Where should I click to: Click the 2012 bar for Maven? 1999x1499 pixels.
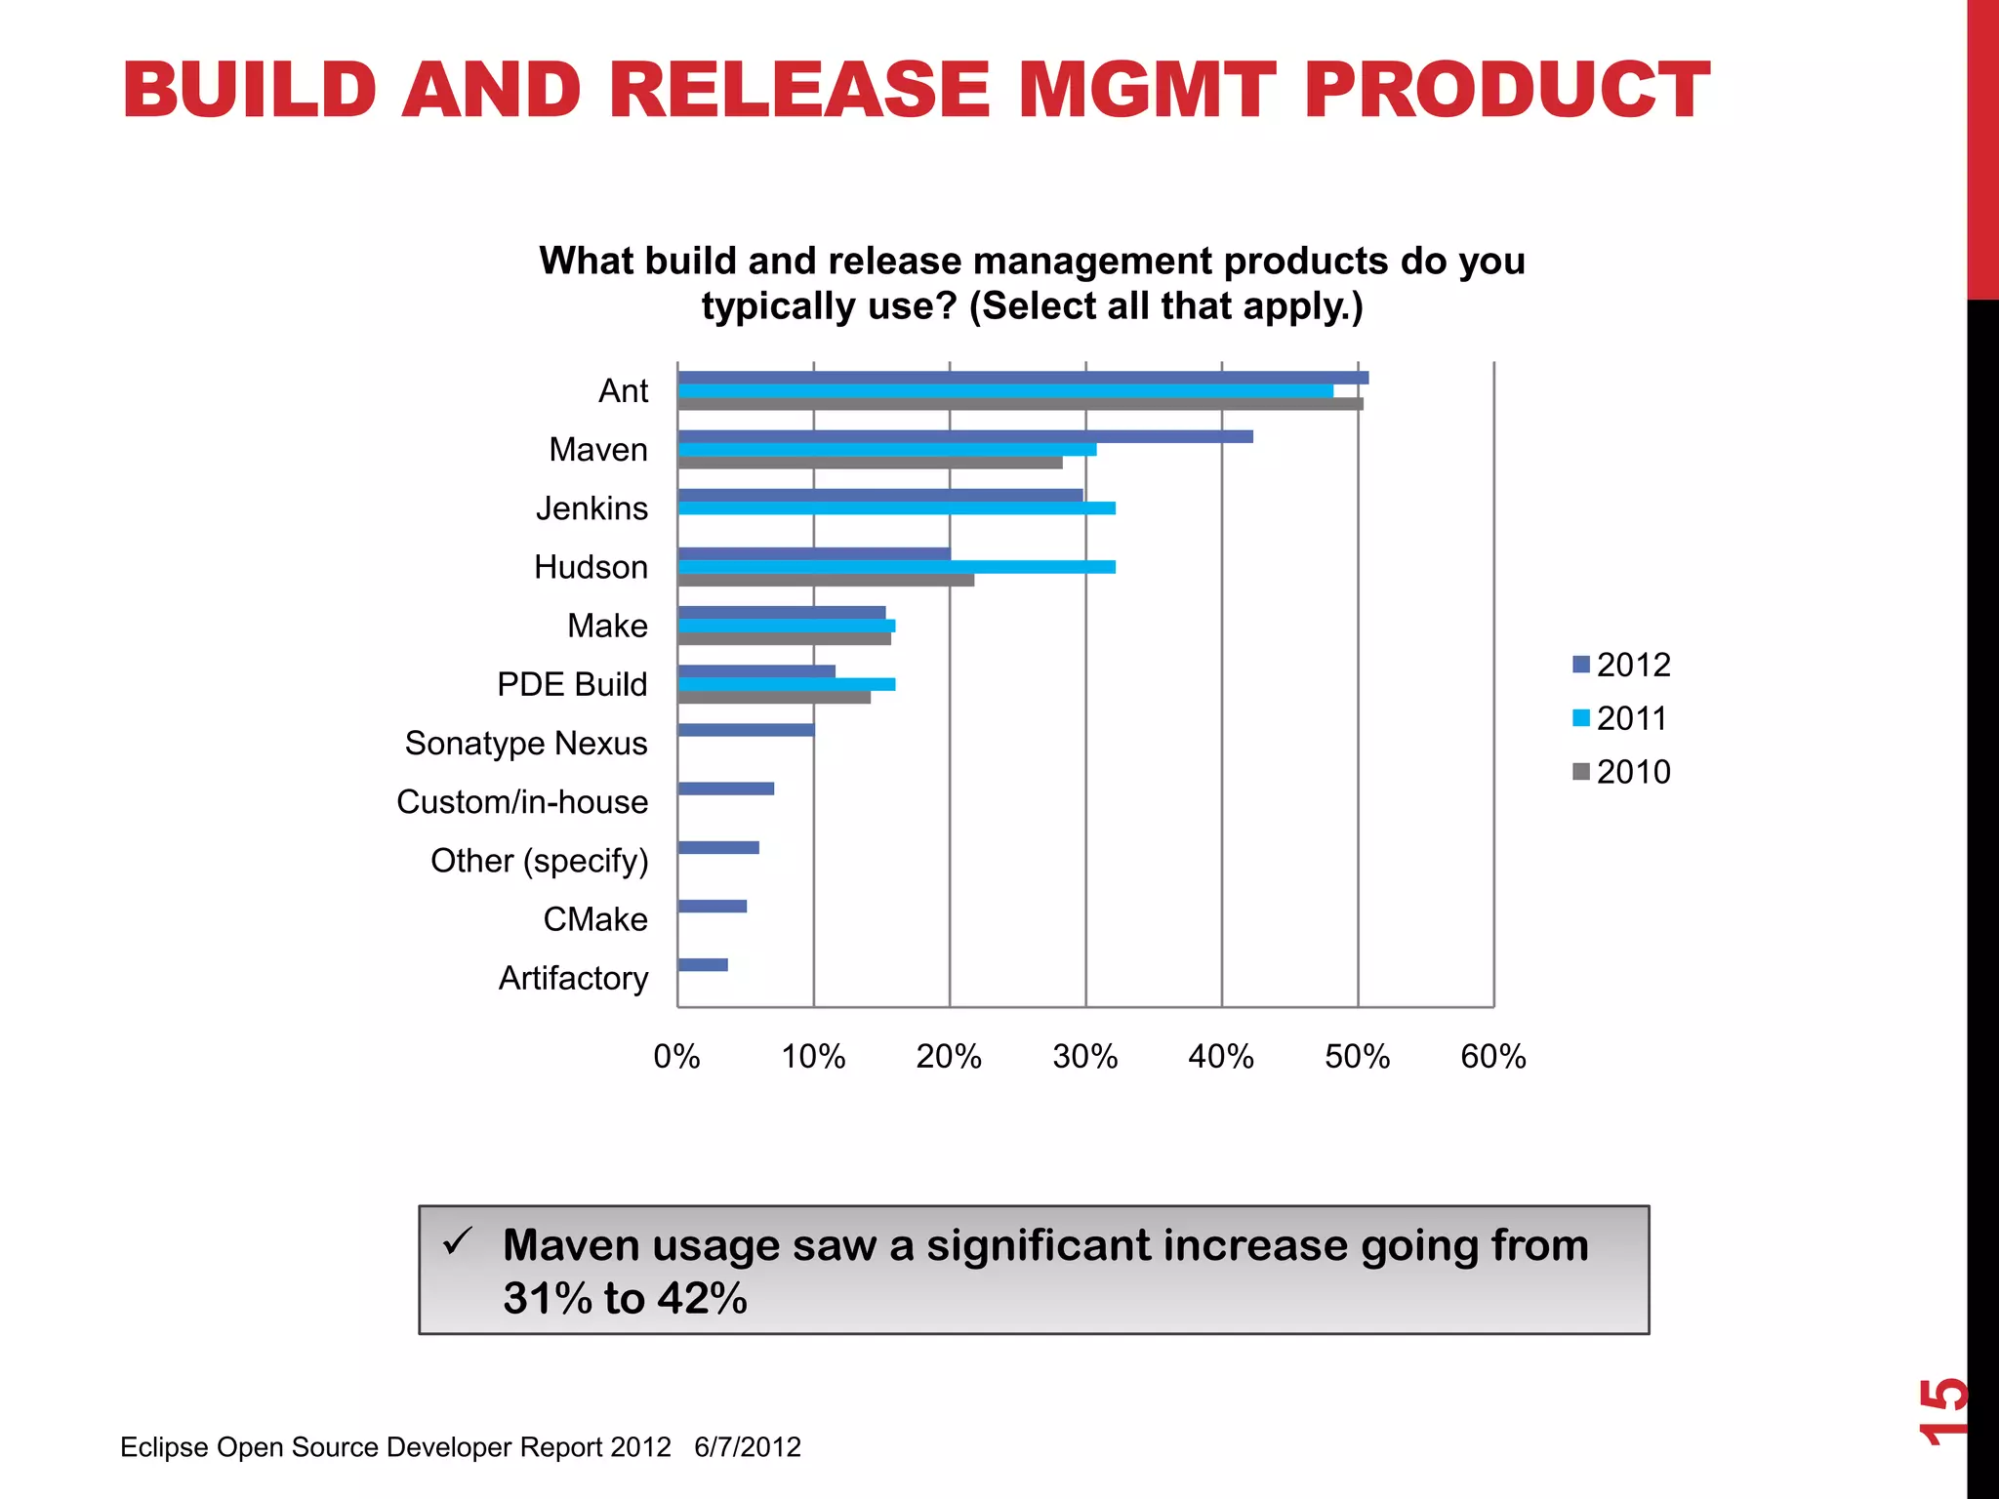(x=964, y=436)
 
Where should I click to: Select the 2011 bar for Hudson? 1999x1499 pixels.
(x=896, y=567)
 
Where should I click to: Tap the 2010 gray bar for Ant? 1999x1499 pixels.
(x=1020, y=404)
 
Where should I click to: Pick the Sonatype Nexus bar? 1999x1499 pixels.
(x=746, y=730)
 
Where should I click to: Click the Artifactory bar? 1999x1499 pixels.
(x=703, y=965)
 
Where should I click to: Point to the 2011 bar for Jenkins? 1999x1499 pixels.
(x=896, y=508)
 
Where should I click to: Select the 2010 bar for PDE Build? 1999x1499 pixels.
(x=774, y=698)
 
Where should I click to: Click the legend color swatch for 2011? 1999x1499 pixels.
(x=1581, y=718)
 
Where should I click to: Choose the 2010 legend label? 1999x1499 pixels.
(x=1633, y=772)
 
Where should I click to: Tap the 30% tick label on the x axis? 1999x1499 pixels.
(x=1084, y=1057)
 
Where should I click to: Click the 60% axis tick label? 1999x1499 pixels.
(x=1492, y=1057)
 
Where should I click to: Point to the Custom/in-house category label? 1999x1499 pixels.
(x=522, y=802)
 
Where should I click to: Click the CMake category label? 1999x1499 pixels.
(x=595, y=919)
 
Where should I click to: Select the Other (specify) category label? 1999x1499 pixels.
(x=539, y=861)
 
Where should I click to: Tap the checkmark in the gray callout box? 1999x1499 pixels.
(x=457, y=1242)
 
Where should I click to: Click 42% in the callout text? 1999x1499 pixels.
(x=702, y=1299)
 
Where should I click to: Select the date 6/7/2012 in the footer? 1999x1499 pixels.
(x=748, y=1447)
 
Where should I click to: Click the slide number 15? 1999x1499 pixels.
(x=1942, y=1410)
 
